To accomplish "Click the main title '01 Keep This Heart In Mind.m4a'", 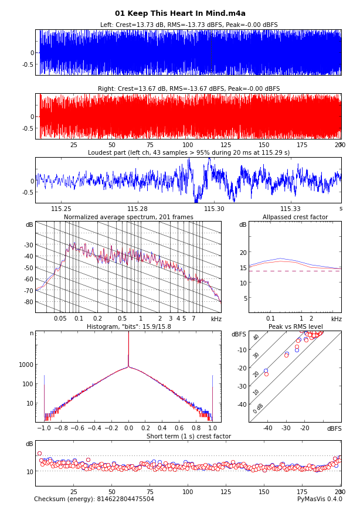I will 180,13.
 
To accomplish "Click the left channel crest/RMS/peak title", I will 188,25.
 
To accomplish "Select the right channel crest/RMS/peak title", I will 188,89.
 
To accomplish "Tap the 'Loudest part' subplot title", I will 188,153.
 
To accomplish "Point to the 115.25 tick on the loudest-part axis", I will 62,209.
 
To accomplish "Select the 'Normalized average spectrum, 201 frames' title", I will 128,217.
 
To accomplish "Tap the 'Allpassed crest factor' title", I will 295,217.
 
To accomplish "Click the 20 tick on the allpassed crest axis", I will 242,253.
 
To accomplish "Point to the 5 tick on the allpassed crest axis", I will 244,298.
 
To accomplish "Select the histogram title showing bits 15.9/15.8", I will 128,327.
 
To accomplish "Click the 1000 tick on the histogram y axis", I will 26,365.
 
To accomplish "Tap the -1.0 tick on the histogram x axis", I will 44,428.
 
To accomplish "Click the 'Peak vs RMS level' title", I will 295,327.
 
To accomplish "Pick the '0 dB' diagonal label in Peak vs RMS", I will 259,409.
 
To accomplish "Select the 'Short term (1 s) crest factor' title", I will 188,437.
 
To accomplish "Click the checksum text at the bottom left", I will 94,499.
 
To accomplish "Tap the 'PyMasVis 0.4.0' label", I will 320,499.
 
